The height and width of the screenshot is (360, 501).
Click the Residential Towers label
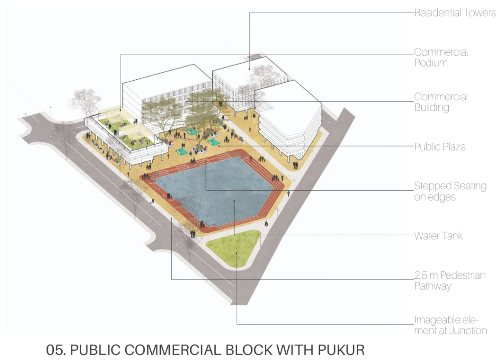[455, 13]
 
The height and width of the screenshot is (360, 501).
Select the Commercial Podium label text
[441, 58]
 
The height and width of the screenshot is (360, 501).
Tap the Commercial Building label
[441, 102]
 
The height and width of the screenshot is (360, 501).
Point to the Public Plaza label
[440, 147]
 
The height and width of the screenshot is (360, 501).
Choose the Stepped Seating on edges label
[450, 192]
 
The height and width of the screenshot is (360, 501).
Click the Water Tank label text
[438, 236]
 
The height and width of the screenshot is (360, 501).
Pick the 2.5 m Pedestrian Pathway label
[450, 281]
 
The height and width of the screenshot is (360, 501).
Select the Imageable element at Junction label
[451, 325]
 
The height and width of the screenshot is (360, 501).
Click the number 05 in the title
[56, 350]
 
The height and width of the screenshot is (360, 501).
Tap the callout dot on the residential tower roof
[250, 69]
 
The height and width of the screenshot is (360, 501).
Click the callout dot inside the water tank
[234, 201]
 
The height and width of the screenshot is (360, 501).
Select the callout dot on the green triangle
[236, 253]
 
